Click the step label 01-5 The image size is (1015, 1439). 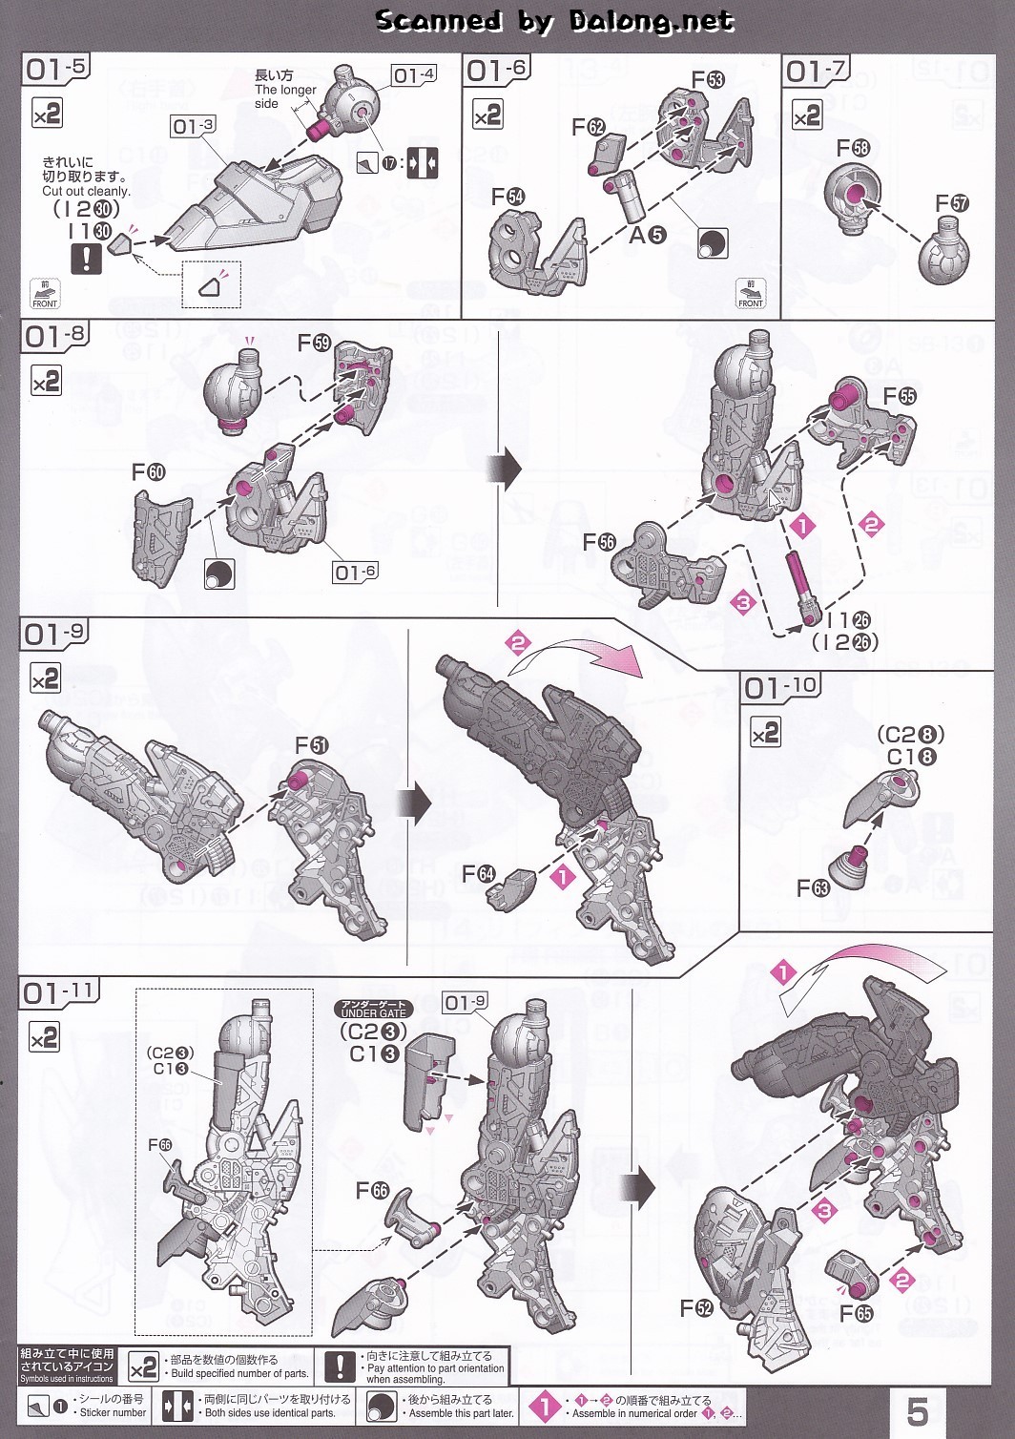point(56,68)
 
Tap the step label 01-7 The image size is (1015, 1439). point(815,71)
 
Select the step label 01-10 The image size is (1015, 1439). point(779,688)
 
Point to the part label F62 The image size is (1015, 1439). point(589,127)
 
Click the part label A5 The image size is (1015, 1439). point(646,235)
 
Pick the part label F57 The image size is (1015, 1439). point(951,203)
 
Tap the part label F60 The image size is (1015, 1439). point(148,472)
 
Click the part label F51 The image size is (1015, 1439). point(312,745)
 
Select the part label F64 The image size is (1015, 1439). point(478,874)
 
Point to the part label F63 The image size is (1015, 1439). point(813,888)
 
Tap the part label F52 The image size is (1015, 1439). point(696,1308)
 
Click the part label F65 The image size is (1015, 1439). point(857,1313)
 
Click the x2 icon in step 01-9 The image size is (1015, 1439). point(46,679)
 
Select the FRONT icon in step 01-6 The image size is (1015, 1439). point(750,294)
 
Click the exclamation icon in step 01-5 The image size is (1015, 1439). point(87,258)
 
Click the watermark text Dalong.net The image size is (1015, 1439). point(652,21)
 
